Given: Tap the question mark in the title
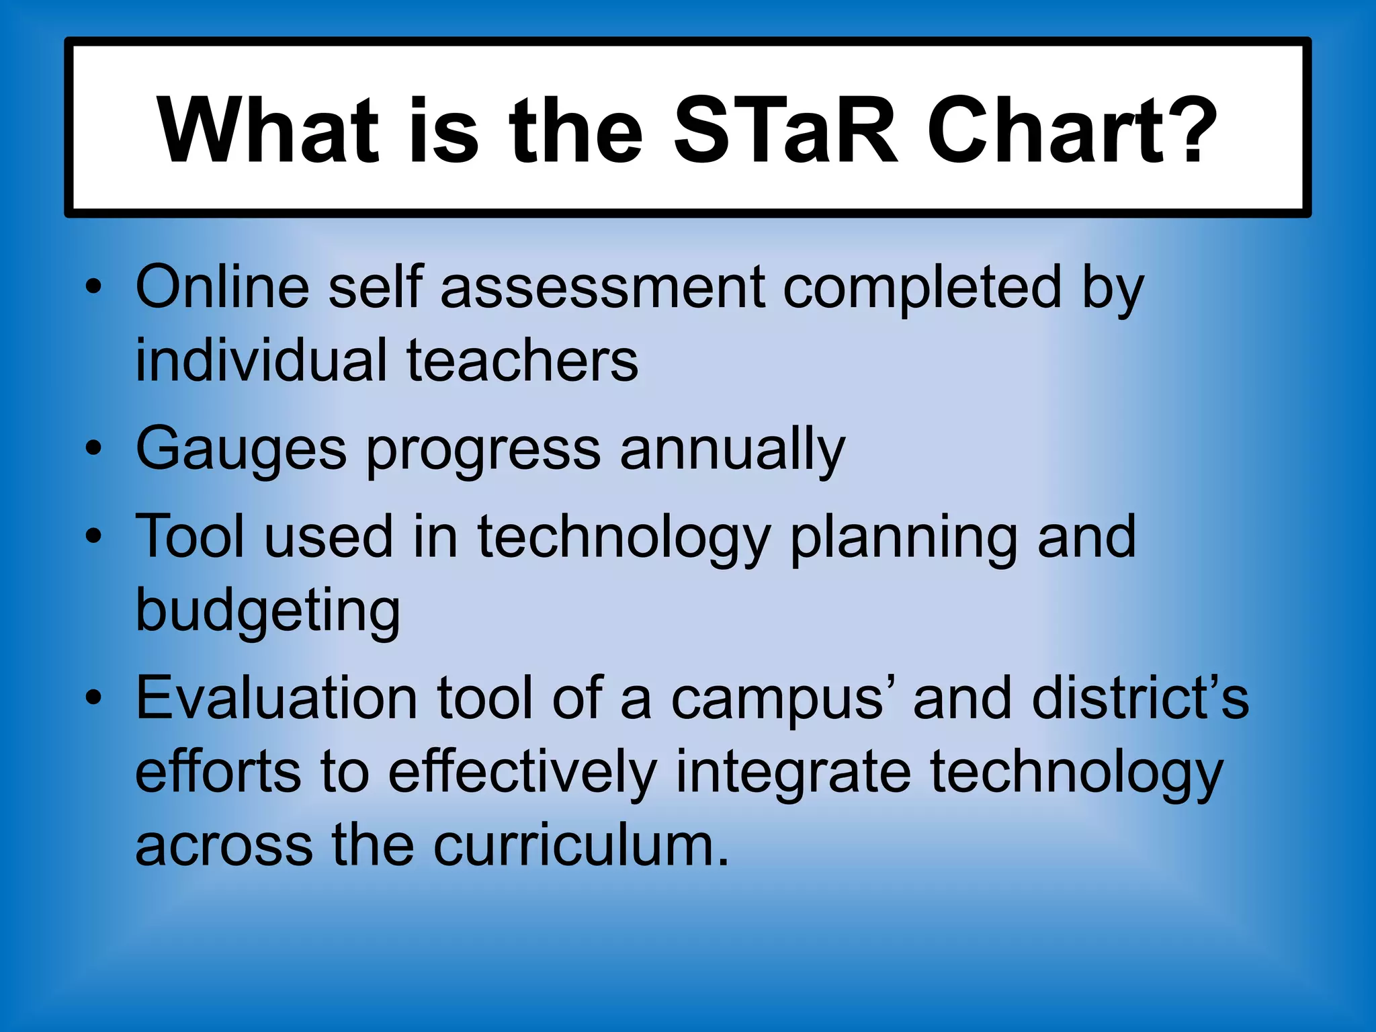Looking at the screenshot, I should (x=1193, y=131).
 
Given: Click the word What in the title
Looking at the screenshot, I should (x=269, y=131).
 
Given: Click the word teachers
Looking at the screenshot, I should (x=522, y=361).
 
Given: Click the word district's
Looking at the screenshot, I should (x=1140, y=699).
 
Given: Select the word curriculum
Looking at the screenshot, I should (x=581, y=845).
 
